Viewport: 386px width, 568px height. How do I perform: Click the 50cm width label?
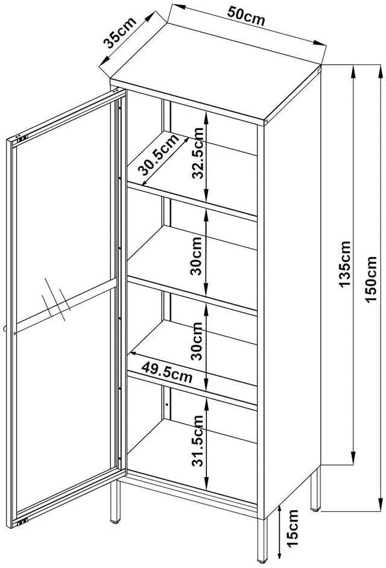coord(246,16)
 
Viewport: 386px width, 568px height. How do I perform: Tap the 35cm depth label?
coord(119,33)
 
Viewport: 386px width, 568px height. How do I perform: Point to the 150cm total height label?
coord(370,279)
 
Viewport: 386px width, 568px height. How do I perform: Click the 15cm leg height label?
coord(292,528)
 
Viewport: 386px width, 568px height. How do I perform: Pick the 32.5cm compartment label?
coord(198,154)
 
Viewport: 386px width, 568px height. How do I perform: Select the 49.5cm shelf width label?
coord(166,371)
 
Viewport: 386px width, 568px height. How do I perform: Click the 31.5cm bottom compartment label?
coord(198,440)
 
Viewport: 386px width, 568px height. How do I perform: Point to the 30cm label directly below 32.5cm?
coord(198,256)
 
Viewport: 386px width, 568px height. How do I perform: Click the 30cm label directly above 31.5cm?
coord(198,341)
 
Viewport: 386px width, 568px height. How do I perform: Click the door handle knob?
coord(5,328)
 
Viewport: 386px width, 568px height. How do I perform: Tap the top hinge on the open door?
coord(21,139)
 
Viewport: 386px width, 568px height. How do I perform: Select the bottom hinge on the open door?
coord(22,522)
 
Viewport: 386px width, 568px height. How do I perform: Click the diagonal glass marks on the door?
coord(56,299)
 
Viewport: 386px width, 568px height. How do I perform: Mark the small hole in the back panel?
coord(167,404)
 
